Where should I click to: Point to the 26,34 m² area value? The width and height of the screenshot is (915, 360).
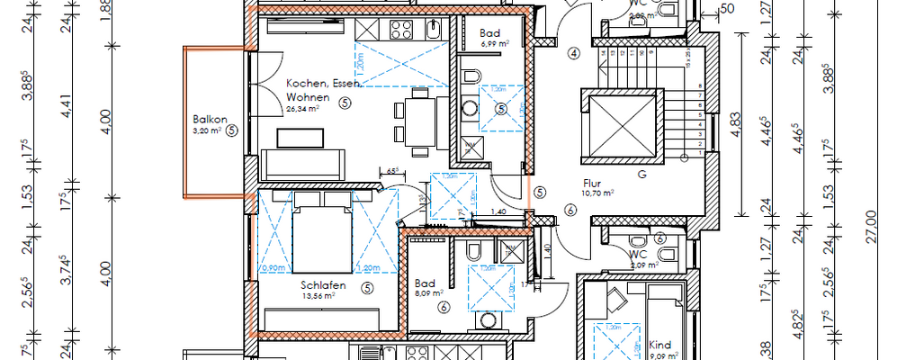[x=305, y=109]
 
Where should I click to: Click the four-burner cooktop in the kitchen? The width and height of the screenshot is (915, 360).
[x=399, y=30]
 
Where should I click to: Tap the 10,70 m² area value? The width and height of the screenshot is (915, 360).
[x=597, y=193]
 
